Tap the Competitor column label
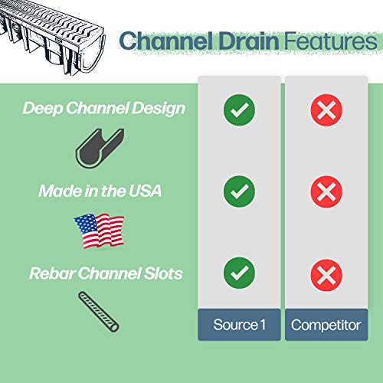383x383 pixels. click(326, 325)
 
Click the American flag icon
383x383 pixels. click(99, 229)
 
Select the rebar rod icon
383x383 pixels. click(99, 310)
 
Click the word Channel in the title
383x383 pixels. click(157, 40)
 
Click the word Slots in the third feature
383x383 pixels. click(163, 273)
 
